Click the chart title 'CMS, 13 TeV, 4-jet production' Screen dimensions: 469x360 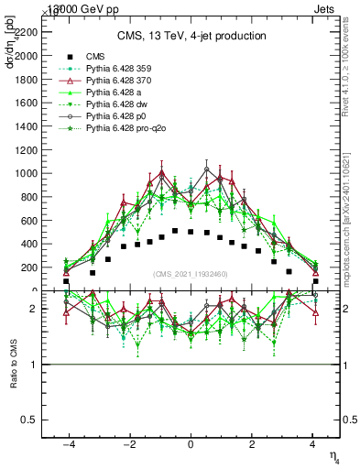(x=191, y=36)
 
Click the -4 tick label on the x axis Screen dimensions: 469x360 (x=68, y=444)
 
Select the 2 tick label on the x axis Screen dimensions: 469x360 (x=252, y=444)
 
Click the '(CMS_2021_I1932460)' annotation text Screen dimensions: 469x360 (x=191, y=274)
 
